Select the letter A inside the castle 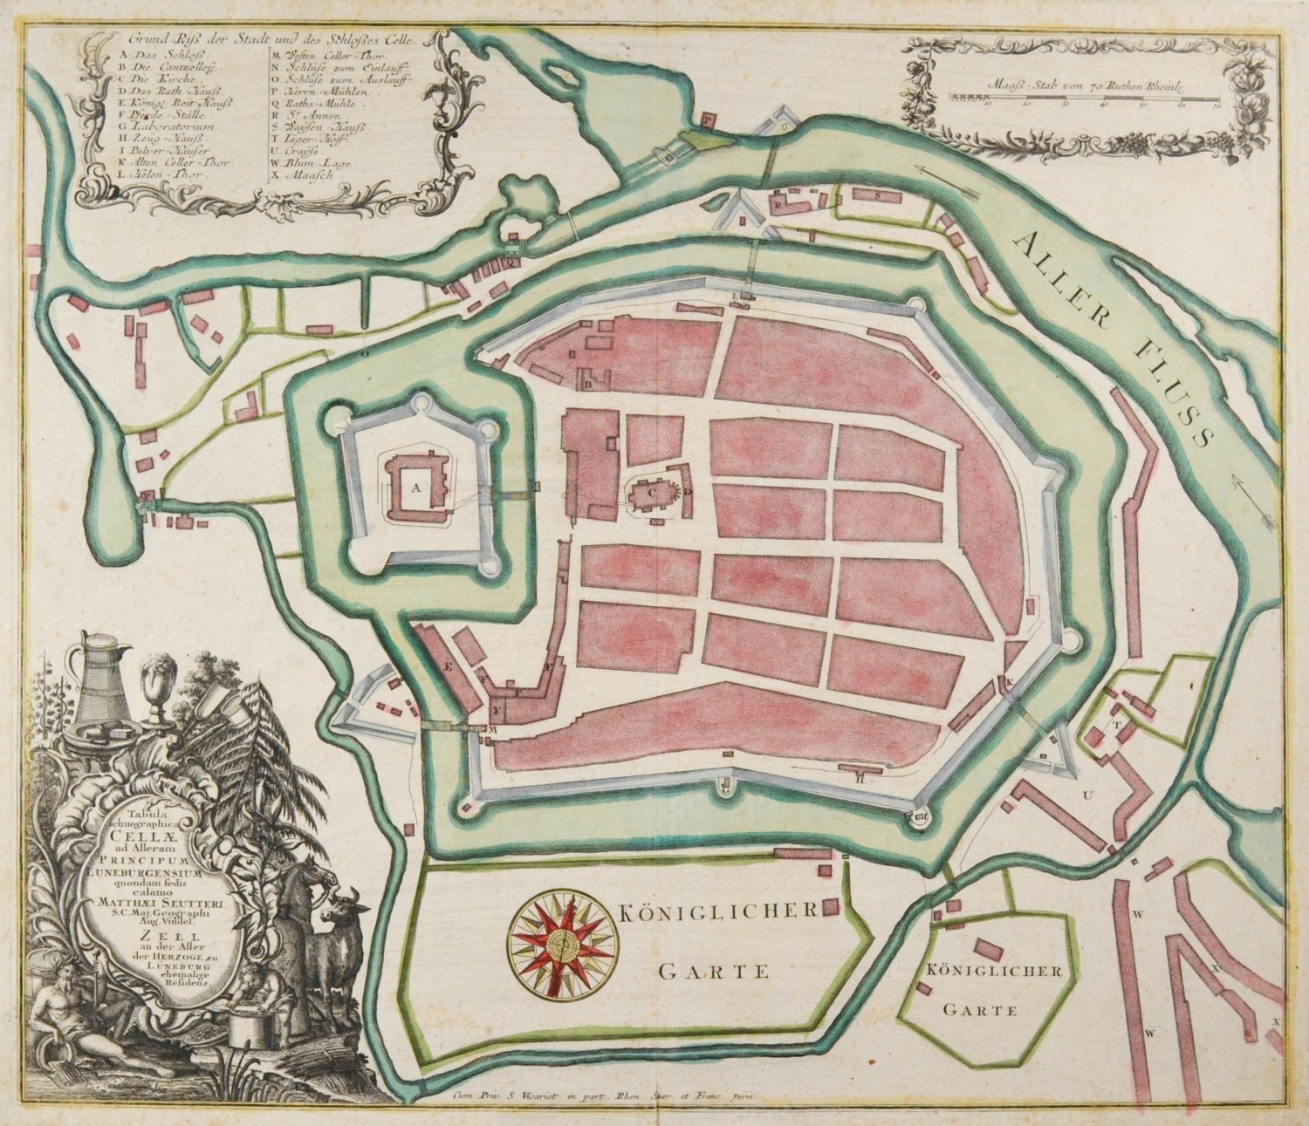coord(416,488)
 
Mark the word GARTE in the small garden coord(980,1011)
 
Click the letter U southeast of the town coord(1087,795)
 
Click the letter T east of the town coord(1114,724)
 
